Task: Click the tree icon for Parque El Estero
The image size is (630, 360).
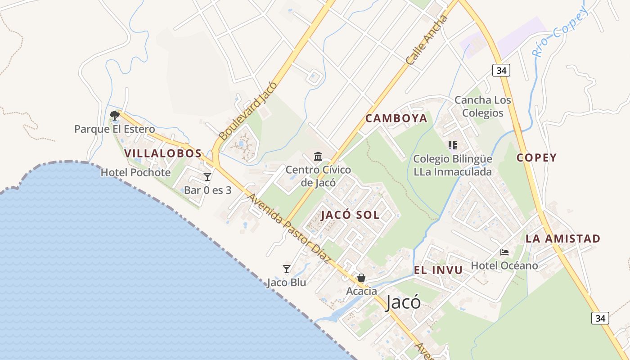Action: (115, 115)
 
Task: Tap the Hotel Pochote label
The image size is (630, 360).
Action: (135, 172)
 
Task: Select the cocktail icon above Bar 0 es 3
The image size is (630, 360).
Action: (207, 177)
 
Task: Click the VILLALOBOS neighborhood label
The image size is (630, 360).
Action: (163, 153)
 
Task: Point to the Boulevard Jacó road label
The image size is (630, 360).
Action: (247, 111)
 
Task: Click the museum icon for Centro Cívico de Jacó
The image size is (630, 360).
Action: (318, 157)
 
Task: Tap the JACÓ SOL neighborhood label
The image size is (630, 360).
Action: (350, 215)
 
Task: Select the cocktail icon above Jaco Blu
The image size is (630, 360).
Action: (287, 269)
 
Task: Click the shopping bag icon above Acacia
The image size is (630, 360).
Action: (361, 278)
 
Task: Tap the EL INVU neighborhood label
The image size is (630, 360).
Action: (438, 270)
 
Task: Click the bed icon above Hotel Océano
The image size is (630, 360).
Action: (504, 252)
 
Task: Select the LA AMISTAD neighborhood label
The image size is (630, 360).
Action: (563, 239)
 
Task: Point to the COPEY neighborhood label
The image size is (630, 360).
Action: (536, 158)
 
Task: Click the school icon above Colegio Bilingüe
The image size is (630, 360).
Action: (453, 145)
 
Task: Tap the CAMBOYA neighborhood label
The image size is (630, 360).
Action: (396, 118)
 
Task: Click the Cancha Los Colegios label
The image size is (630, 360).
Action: (483, 106)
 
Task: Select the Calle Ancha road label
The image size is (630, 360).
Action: (427, 40)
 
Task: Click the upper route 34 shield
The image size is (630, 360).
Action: (501, 70)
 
